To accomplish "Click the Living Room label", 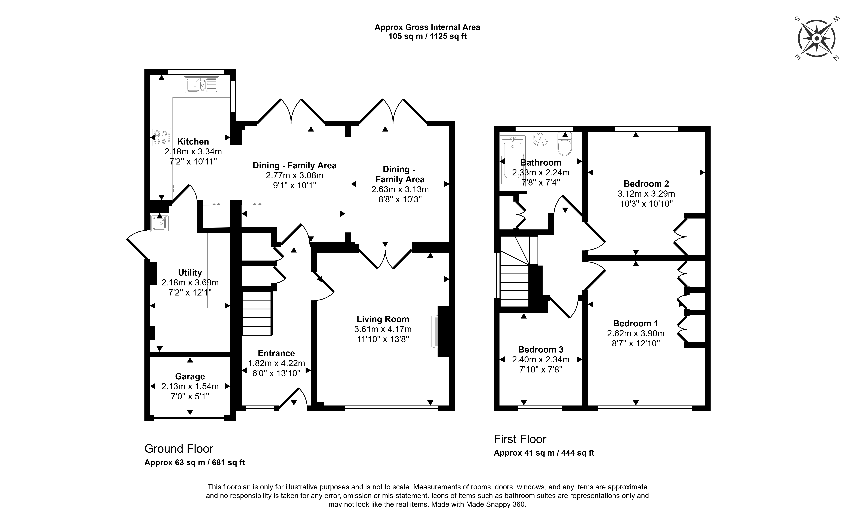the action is (x=383, y=319).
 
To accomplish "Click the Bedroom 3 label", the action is (x=541, y=350).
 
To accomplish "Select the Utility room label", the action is (x=190, y=273).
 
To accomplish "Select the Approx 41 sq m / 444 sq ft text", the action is (x=544, y=453).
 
